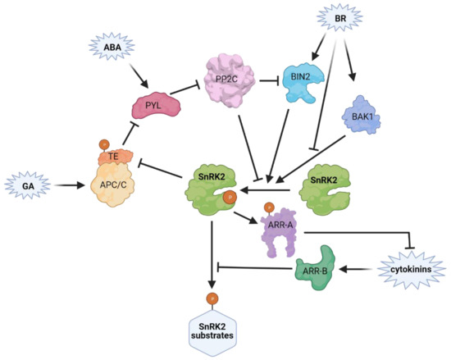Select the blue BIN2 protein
click(302, 84)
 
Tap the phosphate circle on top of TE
click(104, 143)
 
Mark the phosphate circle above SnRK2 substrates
click(212, 297)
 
